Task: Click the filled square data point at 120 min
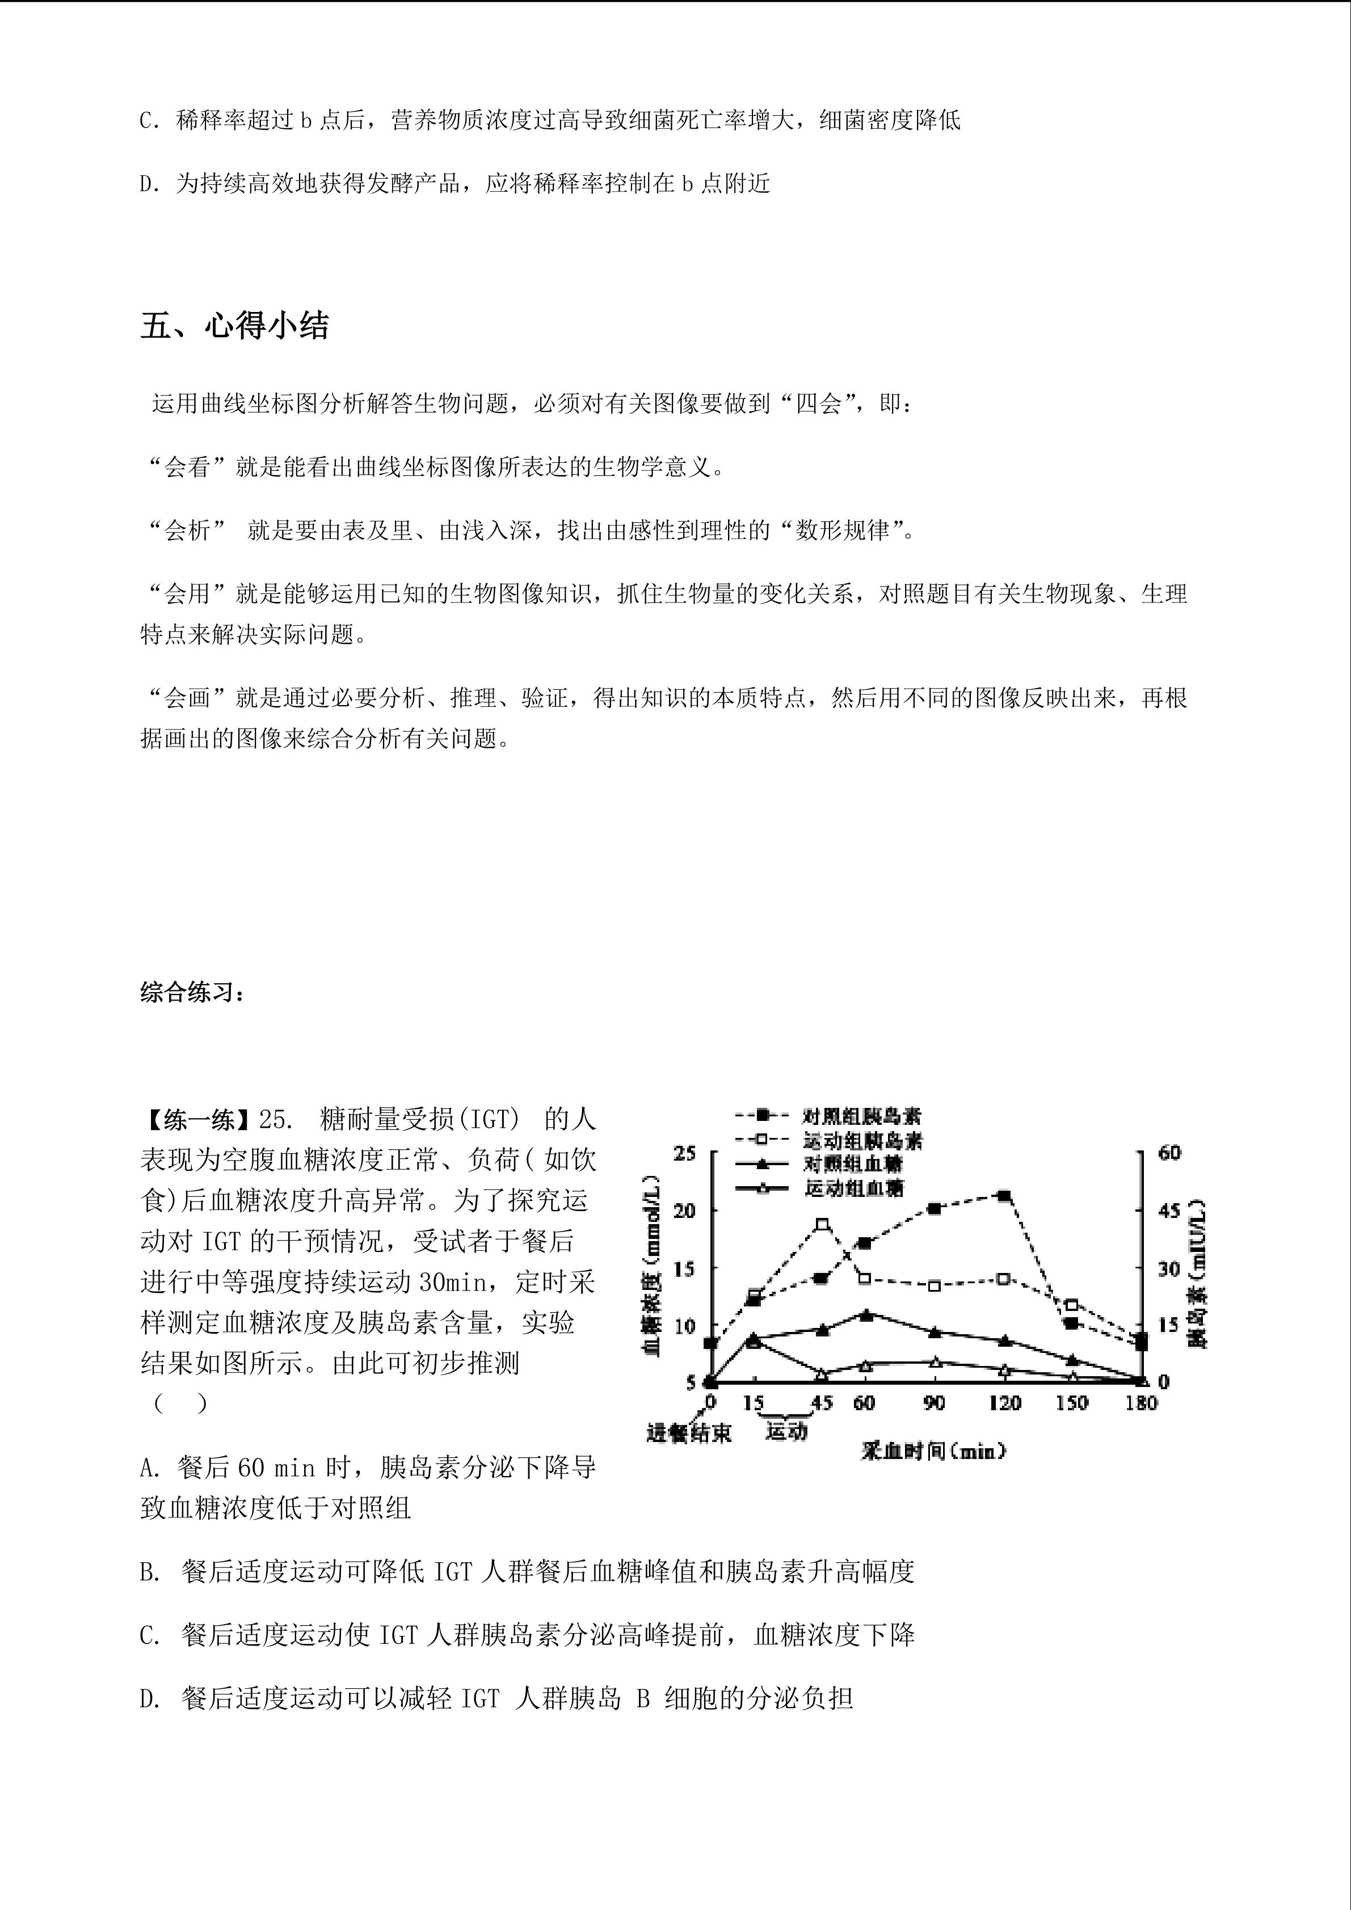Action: (1004, 1195)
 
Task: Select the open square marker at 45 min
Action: (823, 1224)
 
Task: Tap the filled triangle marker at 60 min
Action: (866, 1315)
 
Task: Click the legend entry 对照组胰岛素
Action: (861, 1116)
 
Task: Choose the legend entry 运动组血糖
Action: (853, 1188)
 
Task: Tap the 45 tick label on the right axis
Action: (1169, 1211)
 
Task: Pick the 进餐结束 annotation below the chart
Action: (689, 1432)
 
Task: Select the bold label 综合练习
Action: (191, 992)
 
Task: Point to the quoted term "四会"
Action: (819, 404)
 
